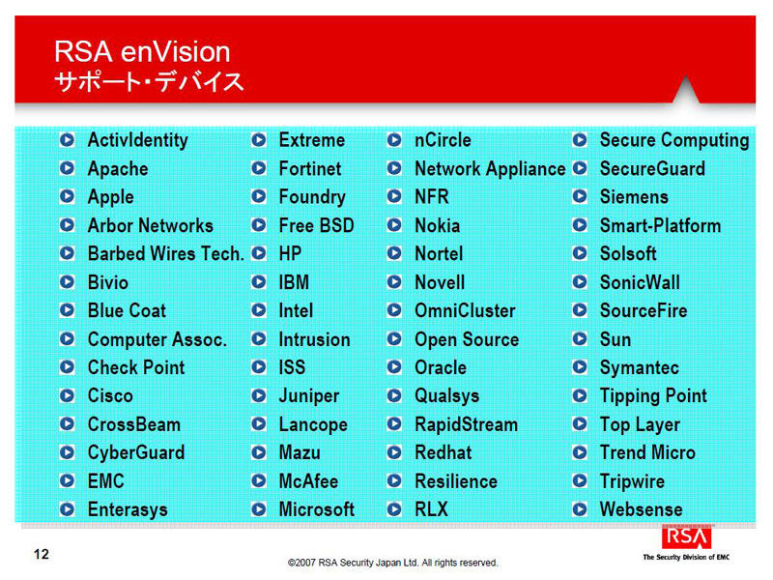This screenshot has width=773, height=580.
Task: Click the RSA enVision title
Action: [x=142, y=52]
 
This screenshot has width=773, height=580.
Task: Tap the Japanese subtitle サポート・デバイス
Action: [x=149, y=81]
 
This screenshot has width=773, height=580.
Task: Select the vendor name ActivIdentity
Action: [x=137, y=140]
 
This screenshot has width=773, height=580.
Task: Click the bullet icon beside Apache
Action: [x=67, y=168]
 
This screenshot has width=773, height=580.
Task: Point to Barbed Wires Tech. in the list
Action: [x=166, y=253]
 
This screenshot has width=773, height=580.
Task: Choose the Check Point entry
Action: [x=136, y=367]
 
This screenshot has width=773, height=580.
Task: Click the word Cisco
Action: [x=110, y=396]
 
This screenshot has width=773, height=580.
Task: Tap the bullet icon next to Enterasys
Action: [x=67, y=509]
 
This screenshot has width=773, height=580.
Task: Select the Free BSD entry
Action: [x=317, y=225]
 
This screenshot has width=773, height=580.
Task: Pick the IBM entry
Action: [x=294, y=282]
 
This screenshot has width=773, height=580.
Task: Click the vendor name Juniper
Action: [x=309, y=396]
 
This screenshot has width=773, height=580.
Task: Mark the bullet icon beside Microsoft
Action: [x=259, y=509]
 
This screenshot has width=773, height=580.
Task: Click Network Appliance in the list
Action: [x=490, y=168]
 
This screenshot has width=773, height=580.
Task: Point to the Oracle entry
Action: [x=441, y=367]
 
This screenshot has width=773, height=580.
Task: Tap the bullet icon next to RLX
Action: [x=394, y=509]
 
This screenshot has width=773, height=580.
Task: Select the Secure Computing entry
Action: [x=674, y=140]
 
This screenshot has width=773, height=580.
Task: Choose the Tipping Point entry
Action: [x=653, y=396]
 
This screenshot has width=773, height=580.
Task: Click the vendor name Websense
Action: [x=642, y=509]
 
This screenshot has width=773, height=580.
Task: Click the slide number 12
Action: [x=42, y=554]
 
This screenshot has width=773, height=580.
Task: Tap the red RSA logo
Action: [x=687, y=536]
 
